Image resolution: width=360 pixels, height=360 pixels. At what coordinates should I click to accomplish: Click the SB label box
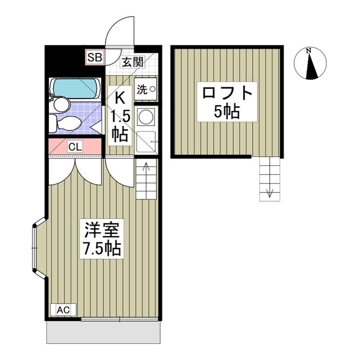(94, 57)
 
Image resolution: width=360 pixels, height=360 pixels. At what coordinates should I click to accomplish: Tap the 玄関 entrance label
(133, 62)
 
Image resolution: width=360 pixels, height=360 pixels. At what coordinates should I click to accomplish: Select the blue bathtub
(75, 88)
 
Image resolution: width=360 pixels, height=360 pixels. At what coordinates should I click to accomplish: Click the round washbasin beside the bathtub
(61, 105)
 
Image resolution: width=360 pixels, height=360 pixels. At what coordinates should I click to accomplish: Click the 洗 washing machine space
(146, 89)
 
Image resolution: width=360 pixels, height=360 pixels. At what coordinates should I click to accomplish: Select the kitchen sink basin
(146, 142)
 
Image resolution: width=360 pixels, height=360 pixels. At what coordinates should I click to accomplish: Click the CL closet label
(75, 147)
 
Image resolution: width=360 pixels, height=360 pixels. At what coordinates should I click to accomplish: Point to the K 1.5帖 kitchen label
(120, 116)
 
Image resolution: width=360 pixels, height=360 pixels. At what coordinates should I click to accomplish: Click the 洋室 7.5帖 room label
(102, 239)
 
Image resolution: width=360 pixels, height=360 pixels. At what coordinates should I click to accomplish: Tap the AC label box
(63, 310)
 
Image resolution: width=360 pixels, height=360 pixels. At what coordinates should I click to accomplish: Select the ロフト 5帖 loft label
(227, 102)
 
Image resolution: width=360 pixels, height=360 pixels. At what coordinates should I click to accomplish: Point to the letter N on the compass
(309, 51)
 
